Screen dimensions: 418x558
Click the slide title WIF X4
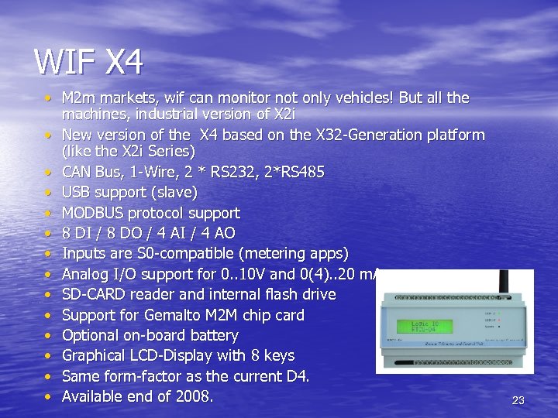point(88,62)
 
